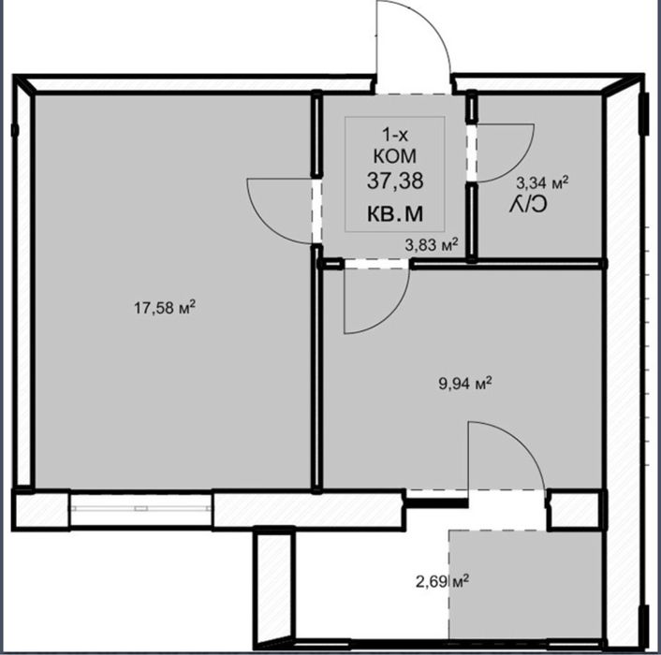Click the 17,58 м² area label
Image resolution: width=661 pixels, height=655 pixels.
(165, 308)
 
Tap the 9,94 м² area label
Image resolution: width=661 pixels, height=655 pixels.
(465, 384)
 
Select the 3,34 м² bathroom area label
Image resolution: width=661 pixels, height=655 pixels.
(542, 182)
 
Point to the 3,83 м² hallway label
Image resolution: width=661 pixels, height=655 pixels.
(432, 245)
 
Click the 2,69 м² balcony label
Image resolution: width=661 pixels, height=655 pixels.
(443, 582)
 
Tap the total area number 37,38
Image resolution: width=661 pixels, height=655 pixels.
(395, 182)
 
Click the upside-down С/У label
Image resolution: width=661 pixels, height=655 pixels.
(528, 205)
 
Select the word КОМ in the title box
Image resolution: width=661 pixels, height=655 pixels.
(395, 156)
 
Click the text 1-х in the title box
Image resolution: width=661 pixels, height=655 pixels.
(395, 136)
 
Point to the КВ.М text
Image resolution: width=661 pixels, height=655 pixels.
(395, 214)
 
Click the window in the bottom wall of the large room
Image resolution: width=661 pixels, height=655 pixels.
(140, 508)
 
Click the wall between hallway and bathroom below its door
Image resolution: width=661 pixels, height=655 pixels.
(472, 222)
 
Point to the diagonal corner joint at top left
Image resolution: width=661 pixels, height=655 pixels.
(24, 85)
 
